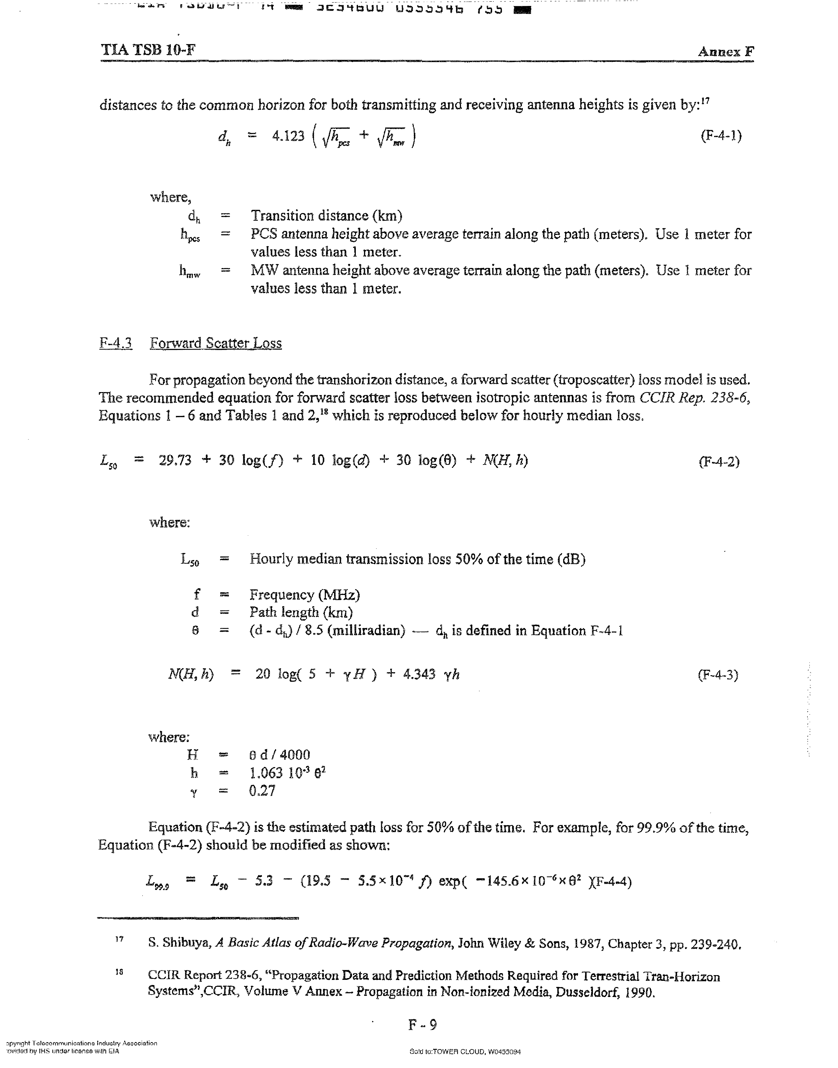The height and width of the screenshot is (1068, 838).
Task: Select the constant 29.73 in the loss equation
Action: pyautogui.click(x=175, y=460)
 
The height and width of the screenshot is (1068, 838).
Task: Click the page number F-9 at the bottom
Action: pyautogui.click(x=422, y=1024)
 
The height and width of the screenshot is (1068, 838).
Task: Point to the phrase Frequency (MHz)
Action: pyautogui.click(x=305, y=595)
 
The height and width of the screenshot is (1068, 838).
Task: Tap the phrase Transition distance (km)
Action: pyautogui.click(x=326, y=216)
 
